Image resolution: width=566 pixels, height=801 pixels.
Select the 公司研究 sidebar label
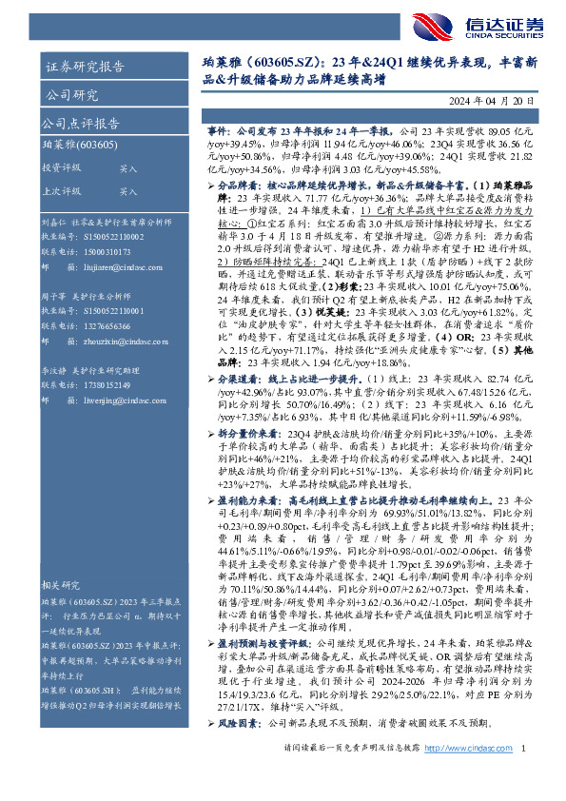(70, 96)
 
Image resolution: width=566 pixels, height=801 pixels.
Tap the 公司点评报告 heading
(77, 125)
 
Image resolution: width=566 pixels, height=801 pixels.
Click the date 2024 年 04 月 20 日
(493, 101)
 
